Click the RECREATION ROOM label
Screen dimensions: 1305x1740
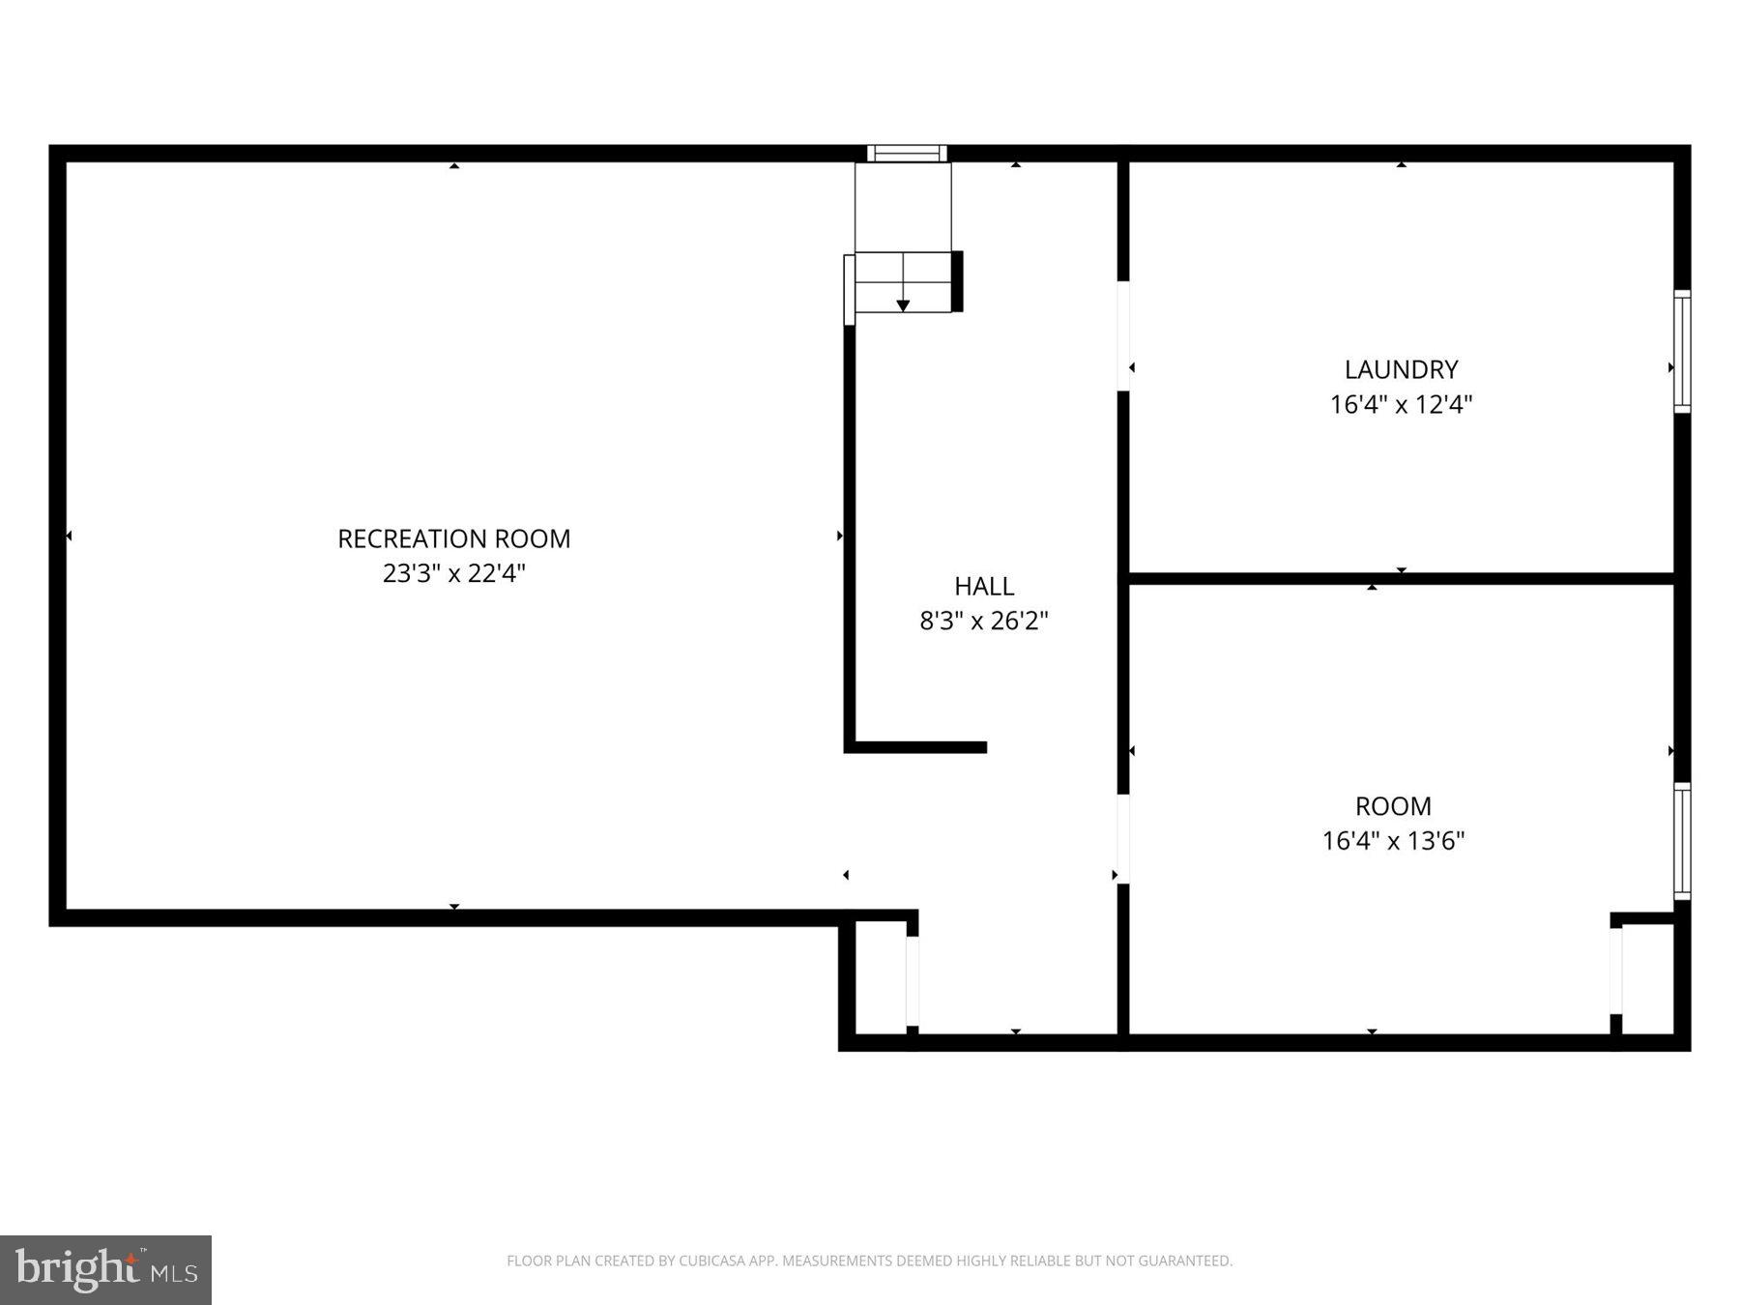[453, 538]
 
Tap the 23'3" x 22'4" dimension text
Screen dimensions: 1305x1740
[453, 573]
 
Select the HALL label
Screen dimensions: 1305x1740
[984, 586]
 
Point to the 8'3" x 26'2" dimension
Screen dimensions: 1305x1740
[984, 621]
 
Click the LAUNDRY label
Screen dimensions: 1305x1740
[1401, 369]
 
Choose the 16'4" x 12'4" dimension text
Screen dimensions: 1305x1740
[1401, 404]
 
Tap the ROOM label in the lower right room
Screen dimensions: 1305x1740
[1393, 806]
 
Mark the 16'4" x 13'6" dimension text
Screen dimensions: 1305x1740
[1393, 841]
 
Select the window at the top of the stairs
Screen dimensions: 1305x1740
[906, 153]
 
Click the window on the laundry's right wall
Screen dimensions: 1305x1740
[1682, 351]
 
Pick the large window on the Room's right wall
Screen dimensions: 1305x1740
[1682, 841]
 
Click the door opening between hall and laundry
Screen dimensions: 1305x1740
[1123, 335]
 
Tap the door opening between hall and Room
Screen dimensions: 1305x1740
[1123, 839]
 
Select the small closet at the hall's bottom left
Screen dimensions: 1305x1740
[880, 978]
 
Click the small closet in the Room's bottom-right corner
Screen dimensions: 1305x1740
[1647, 978]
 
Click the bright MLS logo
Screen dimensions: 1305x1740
[105, 1269]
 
